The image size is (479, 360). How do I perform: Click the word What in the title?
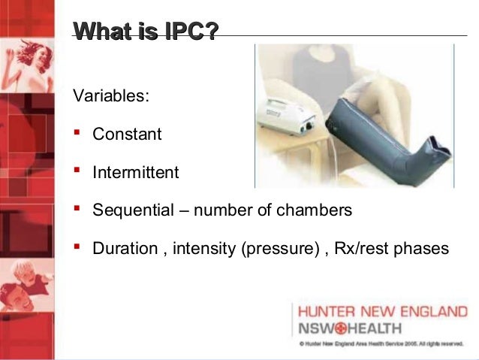(x=100, y=31)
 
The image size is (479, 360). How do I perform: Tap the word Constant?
(x=127, y=135)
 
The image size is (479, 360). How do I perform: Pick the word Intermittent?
(x=136, y=173)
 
